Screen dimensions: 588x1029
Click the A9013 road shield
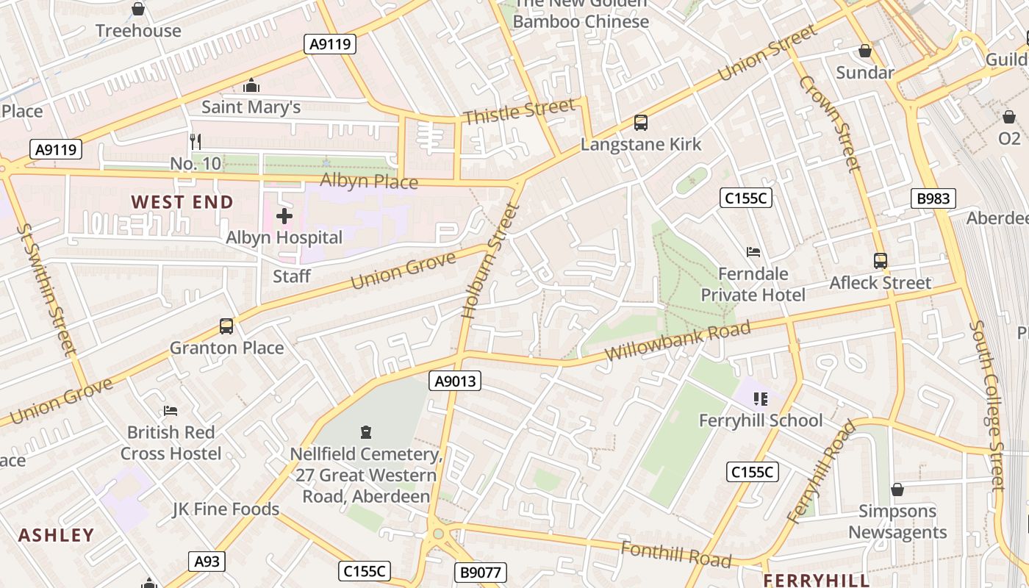coord(455,381)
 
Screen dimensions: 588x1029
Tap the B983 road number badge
coord(933,198)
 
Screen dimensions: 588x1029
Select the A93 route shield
coord(207,562)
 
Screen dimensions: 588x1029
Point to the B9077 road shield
coord(480,572)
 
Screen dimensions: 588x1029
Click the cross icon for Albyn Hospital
coord(284,216)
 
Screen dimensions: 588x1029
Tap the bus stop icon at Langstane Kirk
coord(641,123)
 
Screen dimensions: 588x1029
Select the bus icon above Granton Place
coord(226,326)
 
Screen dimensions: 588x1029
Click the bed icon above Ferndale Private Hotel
coord(753,252)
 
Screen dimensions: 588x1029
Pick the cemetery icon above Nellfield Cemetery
coord(366,432)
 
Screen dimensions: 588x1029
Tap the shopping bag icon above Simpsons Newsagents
coord(897,490)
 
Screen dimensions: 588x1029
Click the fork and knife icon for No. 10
coord(196,141)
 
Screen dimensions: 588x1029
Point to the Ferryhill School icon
coord(761,399)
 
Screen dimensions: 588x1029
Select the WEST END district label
coord(182,202)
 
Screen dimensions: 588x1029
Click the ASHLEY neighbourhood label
coord(57,535)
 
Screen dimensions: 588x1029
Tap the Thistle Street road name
coord(519,112)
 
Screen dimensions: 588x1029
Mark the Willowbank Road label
coord(677,341)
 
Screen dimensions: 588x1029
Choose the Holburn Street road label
coord(491,261)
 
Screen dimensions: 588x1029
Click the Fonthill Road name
coord(676,554)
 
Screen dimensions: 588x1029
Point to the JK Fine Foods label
coord(226,509)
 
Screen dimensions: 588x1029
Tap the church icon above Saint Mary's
coord(251,86)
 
